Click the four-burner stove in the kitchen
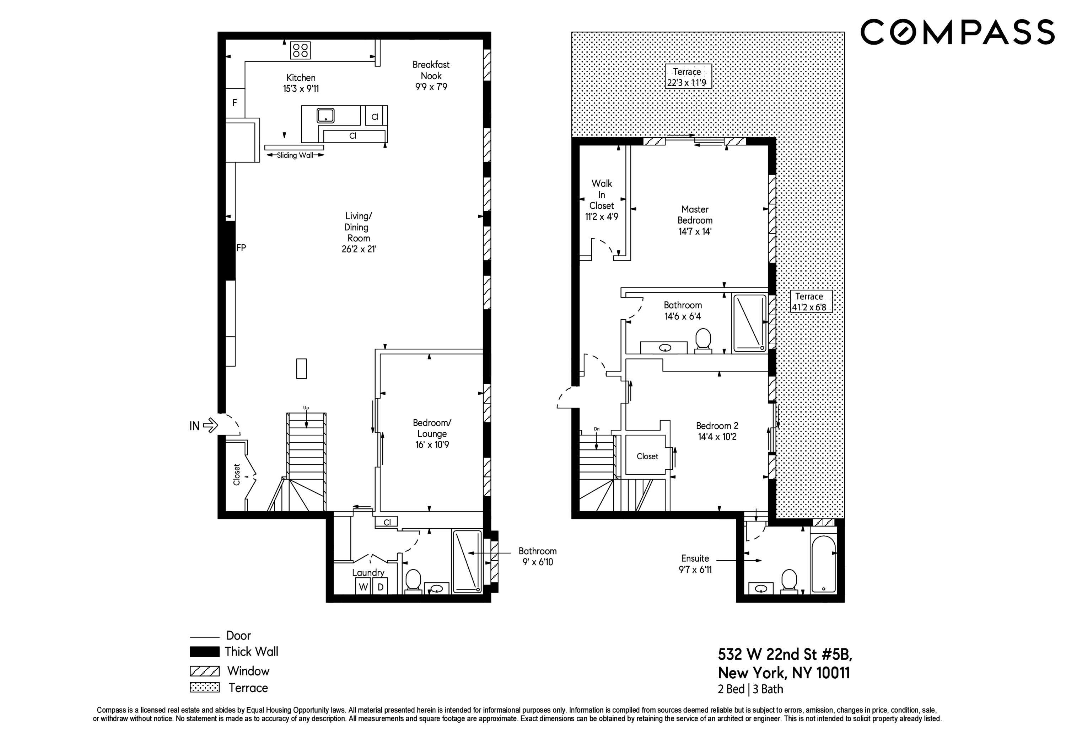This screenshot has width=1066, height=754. (x=300, y=50)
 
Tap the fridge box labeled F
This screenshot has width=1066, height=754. (x=235, y=103)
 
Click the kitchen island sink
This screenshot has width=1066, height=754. (x=325, y=115)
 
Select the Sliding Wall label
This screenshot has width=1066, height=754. (x=295, y=155)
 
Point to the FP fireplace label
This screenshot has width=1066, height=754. (x=241, y=248)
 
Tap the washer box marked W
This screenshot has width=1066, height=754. (x=363, y=587)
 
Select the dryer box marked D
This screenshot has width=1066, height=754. (x=380, y=587)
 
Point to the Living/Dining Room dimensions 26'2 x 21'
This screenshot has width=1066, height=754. (x=359, y=249)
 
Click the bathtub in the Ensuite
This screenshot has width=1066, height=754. (x=824, y=563)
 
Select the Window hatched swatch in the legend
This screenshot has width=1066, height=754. (x=204, y=671)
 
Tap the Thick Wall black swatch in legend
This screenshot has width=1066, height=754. (x=204, y=652)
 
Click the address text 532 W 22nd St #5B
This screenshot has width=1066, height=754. (x=785, y=654)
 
